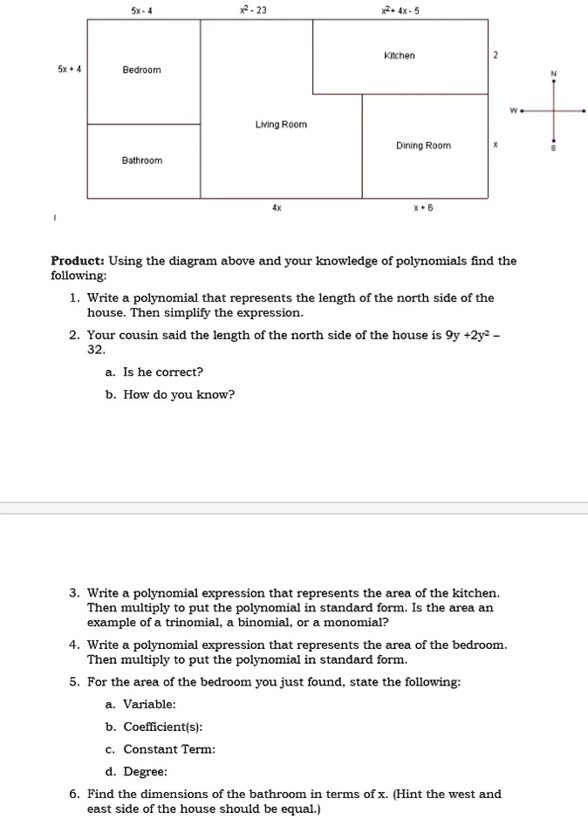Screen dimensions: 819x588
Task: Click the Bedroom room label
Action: point(141,70)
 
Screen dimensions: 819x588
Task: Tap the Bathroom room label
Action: point(141,160)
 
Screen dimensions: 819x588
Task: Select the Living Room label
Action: point(281,125)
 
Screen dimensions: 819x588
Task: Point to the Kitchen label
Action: point(400,56)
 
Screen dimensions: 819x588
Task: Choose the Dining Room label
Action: point(423,146)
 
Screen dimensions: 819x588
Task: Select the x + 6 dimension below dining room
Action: point(423,209)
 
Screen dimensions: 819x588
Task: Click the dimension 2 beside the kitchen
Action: point(495,56)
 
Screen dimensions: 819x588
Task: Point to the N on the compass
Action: point(552,74)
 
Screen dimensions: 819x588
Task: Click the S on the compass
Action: point(552,149)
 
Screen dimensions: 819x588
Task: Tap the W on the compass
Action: point(515,111)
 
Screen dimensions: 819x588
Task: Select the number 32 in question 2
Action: point(96,349)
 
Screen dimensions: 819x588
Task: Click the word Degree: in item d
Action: point(145,771)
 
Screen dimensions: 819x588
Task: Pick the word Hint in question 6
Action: point(413,794)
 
